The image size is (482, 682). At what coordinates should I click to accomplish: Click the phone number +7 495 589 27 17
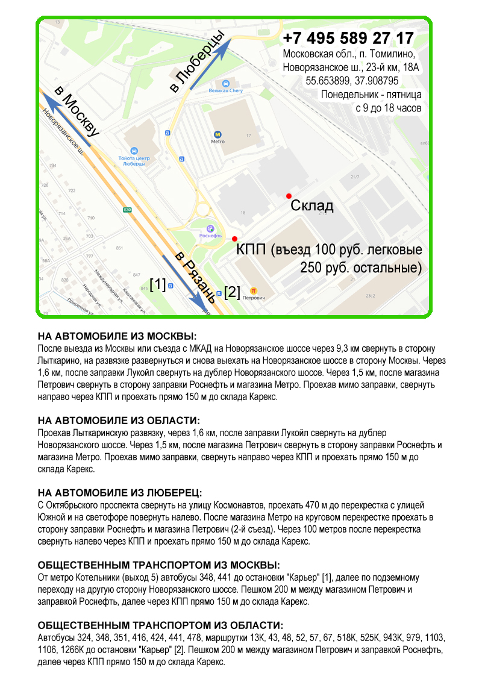coord(348,39)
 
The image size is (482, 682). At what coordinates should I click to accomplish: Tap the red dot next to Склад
coord(289,196)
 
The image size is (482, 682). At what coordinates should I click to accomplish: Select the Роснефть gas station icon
coord(210,228)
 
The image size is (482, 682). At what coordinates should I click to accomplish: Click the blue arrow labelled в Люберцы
coord(208,63)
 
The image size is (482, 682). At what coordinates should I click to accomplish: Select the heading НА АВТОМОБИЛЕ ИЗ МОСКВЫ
coord(117,336)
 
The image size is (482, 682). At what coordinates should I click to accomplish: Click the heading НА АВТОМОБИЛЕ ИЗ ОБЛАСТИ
coord(118,420)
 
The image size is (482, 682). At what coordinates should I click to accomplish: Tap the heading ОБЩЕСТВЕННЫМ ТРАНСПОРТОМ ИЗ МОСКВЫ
coord(158,565)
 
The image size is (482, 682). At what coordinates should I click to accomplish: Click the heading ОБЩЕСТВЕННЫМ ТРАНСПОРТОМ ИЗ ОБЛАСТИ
coord(160,625)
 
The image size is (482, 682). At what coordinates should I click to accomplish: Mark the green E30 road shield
coord(127,210)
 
